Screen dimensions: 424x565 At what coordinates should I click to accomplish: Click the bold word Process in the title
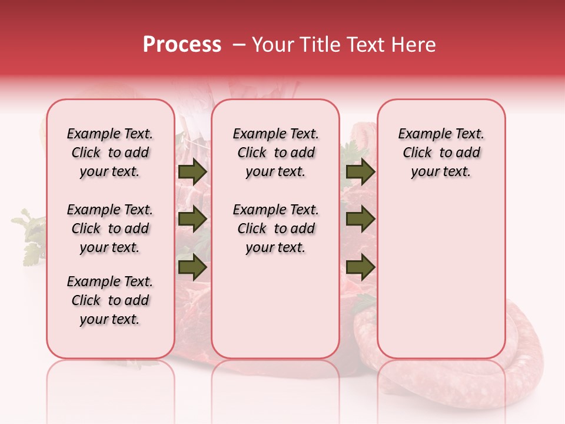coord(181,45)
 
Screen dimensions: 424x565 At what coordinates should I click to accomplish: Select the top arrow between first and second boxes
coord(192,172)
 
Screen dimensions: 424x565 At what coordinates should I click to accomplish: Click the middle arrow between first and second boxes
coord(192,219)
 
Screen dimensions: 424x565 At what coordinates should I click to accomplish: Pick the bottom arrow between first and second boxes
coord(192,267)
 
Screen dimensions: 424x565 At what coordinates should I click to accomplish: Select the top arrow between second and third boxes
coord(360,172)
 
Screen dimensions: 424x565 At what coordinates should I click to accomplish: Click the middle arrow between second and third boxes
coord(360,219)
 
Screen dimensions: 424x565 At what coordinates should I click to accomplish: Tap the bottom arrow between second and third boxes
coord(360,267)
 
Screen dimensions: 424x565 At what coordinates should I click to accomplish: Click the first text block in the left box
coord(110,153)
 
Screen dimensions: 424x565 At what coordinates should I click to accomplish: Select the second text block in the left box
coord(110,228)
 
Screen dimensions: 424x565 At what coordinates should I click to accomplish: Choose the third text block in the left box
coord(110,300)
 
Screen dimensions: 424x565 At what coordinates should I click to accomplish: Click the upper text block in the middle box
coord(275,153)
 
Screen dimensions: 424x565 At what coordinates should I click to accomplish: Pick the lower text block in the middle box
coord(275,228)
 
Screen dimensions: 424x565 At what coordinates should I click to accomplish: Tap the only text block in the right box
coord(441,153)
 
